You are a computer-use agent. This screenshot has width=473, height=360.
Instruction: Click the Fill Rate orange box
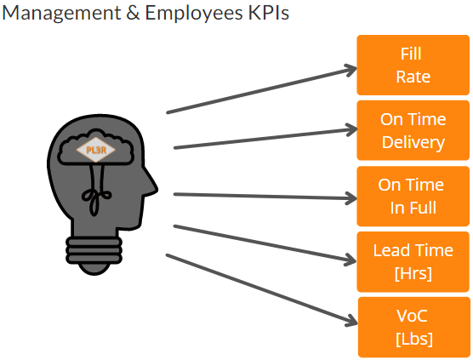click(x=413, y=65)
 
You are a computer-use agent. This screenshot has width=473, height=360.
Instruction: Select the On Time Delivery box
click(x=413, y=130)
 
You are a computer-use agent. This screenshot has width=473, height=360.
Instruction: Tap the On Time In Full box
click(x=413, y=196)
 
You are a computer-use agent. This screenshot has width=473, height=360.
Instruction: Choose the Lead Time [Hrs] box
click(x=413, y=261)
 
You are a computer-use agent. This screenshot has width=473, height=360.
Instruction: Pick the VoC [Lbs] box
click(x=413, y=327)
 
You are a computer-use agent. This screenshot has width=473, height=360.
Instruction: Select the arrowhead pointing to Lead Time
click(x=351, y=260)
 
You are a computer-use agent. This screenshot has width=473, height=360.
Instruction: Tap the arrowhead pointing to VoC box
click(x=352, y=322)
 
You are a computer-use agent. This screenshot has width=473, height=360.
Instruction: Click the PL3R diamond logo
click(x=96, y=150)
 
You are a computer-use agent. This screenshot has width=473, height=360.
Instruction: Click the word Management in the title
click(x=61, y=14)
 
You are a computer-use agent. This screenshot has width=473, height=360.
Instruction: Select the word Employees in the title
click(x=194, y=14)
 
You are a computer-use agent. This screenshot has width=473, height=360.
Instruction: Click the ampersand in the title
click(x=133, y=13)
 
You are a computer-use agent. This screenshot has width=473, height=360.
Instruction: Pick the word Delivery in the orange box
click(x=413, y=142)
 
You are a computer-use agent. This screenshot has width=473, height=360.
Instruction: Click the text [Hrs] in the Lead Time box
click(x=413, y=273)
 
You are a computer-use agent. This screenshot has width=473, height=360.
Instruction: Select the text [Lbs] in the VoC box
click(x=413, y=339)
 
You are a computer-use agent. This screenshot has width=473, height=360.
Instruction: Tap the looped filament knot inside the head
click(x=96, y=197)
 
